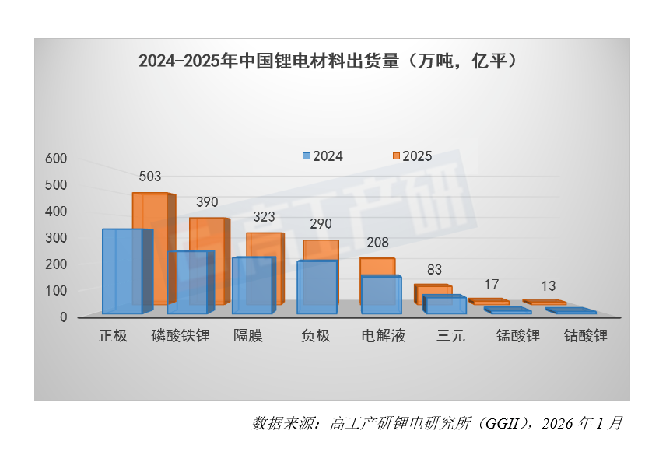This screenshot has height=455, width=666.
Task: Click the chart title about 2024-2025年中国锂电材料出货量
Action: (328, 61)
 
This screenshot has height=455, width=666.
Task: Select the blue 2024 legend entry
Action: (322, 156)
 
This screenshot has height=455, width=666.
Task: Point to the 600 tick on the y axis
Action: (58, 159)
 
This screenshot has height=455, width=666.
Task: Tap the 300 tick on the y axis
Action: (58, 238)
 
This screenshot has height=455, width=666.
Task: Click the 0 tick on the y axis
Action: (63, 317)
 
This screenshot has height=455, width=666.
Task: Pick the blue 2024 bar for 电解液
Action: (380, 294)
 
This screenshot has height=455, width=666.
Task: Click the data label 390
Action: (207, 202)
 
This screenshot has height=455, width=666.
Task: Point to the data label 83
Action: (434, 270)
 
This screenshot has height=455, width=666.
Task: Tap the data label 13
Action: (549, 285)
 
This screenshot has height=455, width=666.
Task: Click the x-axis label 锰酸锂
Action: (518, 336)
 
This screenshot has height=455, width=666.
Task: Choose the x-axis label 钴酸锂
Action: (585, 336)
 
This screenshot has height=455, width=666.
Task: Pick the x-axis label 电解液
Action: (384, 336)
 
